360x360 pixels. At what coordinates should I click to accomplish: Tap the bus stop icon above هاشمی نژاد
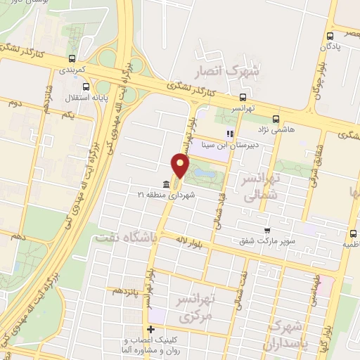pyautogui.click(x=274, y=118)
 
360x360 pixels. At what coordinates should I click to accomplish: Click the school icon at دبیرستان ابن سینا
pyautogui.click(x=228, y=134)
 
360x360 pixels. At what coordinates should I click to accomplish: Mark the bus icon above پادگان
pyautogui.click(x=330, y=34)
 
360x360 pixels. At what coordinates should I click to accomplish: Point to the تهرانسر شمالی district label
pyautogui.click(x=260, y=188)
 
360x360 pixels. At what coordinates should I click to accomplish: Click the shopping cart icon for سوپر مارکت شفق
pyautogui.click(x=266, y=230)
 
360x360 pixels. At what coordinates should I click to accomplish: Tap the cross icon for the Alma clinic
pyautogui.click(x=150, y=329)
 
